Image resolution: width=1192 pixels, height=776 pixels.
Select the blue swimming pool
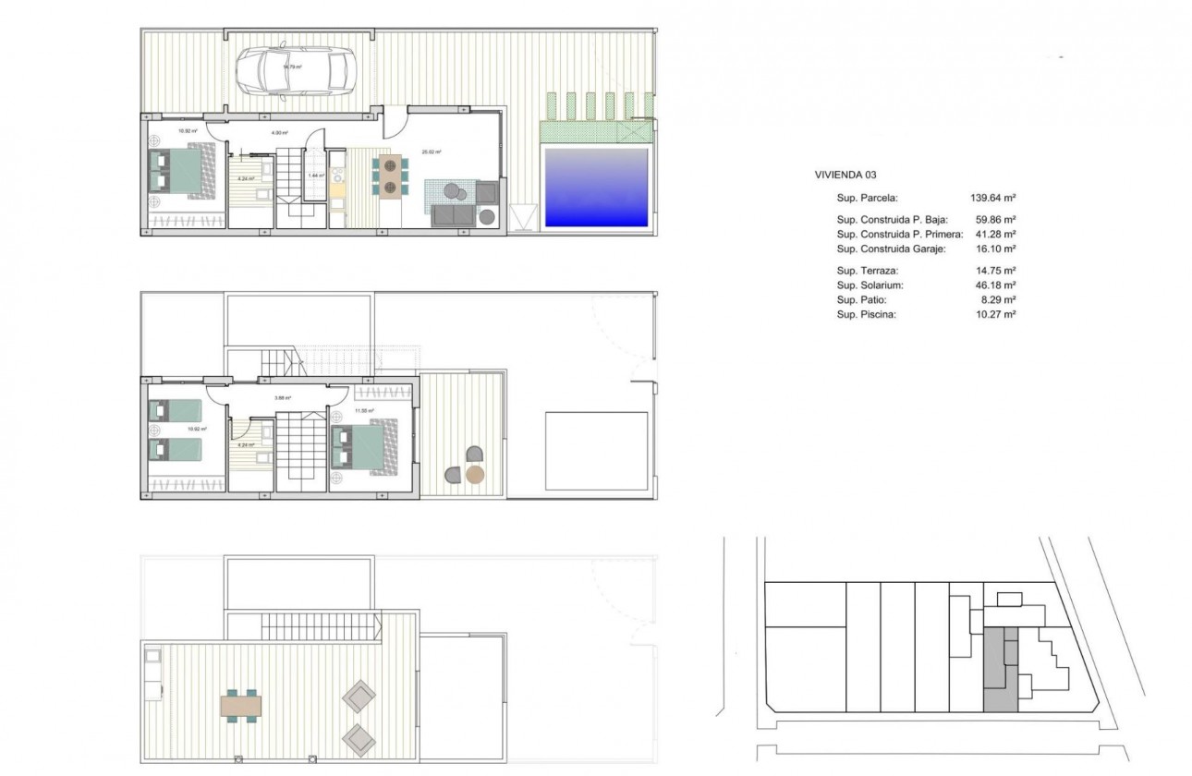596,187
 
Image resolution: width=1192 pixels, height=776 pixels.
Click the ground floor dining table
392,176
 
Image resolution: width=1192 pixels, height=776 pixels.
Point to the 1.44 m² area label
315,175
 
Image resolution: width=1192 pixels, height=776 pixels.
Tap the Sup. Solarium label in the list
870,285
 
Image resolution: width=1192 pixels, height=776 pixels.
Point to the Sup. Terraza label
867,271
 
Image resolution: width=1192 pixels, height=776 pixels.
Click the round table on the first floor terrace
475,475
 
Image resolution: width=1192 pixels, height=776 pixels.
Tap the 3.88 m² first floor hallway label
283,398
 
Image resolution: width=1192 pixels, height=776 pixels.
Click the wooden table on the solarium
241,707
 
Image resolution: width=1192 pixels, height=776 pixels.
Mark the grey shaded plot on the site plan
999,669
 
